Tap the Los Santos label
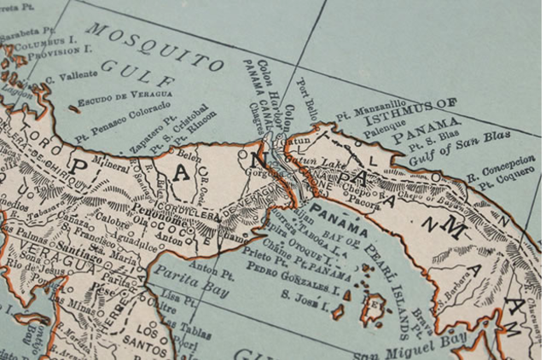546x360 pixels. [149, 337]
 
